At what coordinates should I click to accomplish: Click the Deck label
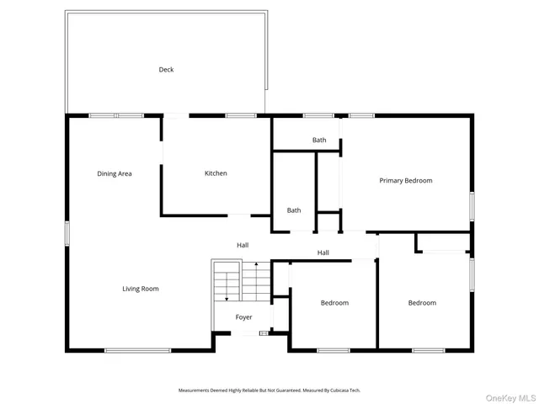click(x=166, y=70)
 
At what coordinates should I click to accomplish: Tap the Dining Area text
click(x=114, y=173)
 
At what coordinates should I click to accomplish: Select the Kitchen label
click(x=216, y=173)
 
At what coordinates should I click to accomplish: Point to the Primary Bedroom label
click(x=405, y=180)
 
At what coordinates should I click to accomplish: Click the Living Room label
click(x=140, y=289)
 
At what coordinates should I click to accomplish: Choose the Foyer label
click(x=243, y=317)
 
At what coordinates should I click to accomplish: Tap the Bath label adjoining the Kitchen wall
click(x=293, y=210)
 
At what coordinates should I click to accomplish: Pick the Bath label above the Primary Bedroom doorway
click(x=319, y=140)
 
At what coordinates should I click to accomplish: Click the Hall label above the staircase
click(x=243, y=245)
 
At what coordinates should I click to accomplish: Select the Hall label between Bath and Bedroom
click(x=323, y=252)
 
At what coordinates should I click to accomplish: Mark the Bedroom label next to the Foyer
click(x=334, y=303)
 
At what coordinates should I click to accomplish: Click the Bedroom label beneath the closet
click(x=422, y=303)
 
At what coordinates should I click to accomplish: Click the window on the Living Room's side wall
click(x=67, y=233)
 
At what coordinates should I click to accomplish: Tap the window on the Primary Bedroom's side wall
click(x=472, y=205)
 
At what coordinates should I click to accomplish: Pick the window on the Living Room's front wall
click(x=137, y=350)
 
